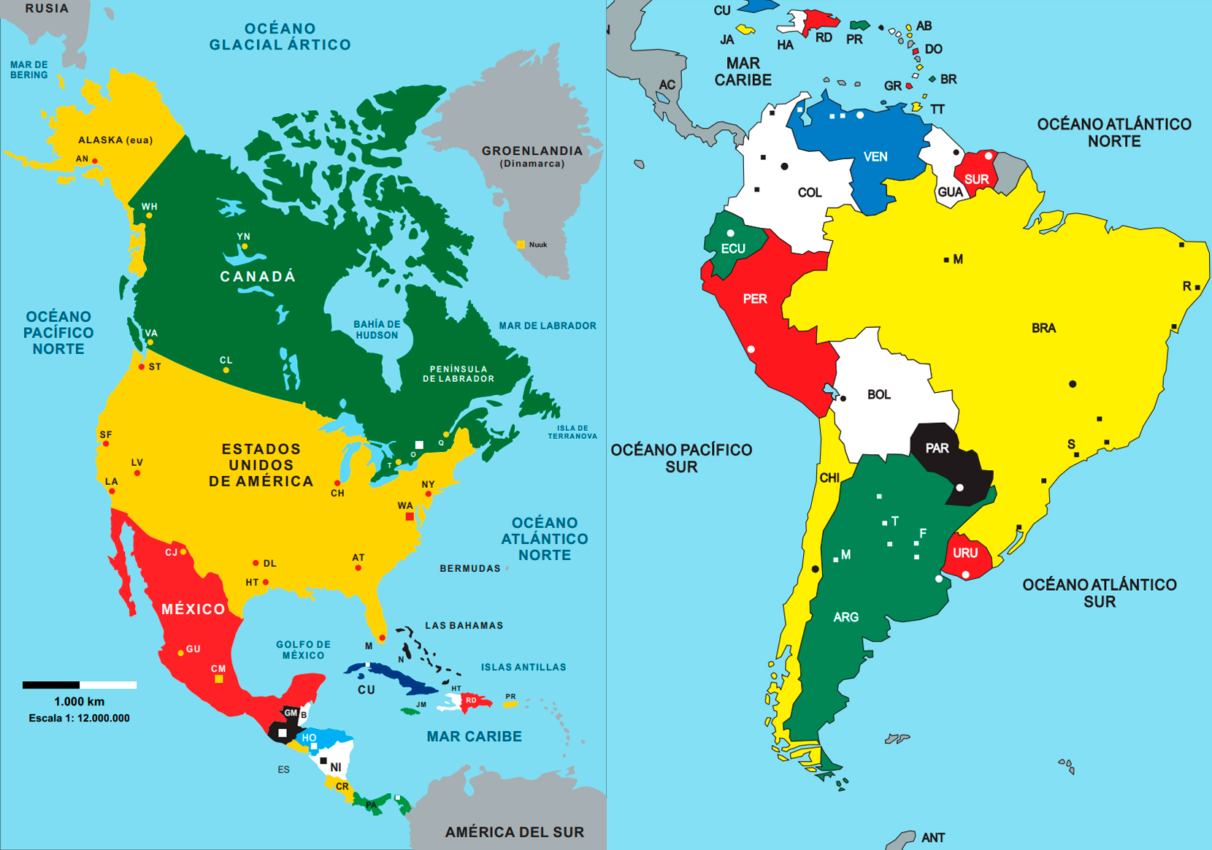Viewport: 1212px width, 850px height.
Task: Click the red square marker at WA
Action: pyautogui.click(x=410, y=516)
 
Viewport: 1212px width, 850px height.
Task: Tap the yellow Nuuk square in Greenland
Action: pyautogui.click(x=521, y=245)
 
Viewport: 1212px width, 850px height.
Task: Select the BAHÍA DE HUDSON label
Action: pyautogui.click(x=377, y=329)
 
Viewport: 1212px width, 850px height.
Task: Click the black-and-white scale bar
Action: pyautogui.click(x=80, y=685)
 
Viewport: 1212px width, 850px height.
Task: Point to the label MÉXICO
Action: pyautogui.click(x=193, y=609)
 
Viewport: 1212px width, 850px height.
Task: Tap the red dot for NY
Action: pyautogui.click(x=429, y=494)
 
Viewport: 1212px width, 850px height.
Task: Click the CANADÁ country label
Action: pyautogui.click(x=258, y=277)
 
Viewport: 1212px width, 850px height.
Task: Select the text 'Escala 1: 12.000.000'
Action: pyautogui.click(x=79, y=718)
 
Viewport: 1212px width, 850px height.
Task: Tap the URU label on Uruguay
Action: pyautogui.click(x=965, y=553)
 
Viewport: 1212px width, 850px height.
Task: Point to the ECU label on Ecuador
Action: pyautogui.click(x=733, y=248)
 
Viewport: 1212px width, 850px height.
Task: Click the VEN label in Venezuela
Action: pyautogui.click(x=875, y=156)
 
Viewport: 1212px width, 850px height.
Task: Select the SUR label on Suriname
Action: pyautogui.click(x=976, y=179)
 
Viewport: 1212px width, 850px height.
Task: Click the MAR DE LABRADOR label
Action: pyautogui.click(x=548, y=326)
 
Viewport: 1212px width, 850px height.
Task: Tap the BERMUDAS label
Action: pyautogui.click(x=469, y=568)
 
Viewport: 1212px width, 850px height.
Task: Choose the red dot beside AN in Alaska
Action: pyautogui.click(x=95, y=161)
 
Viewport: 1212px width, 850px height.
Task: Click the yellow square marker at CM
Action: pyautogui.click(x=218, y=679)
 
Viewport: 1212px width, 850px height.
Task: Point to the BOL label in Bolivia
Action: pyautogui.click(x=878, y=394)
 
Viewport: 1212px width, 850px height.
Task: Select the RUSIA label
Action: pyautogui.click(x=47, y=9)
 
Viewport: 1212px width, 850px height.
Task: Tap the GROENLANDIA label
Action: pyautogui.click(x=532, y=151)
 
